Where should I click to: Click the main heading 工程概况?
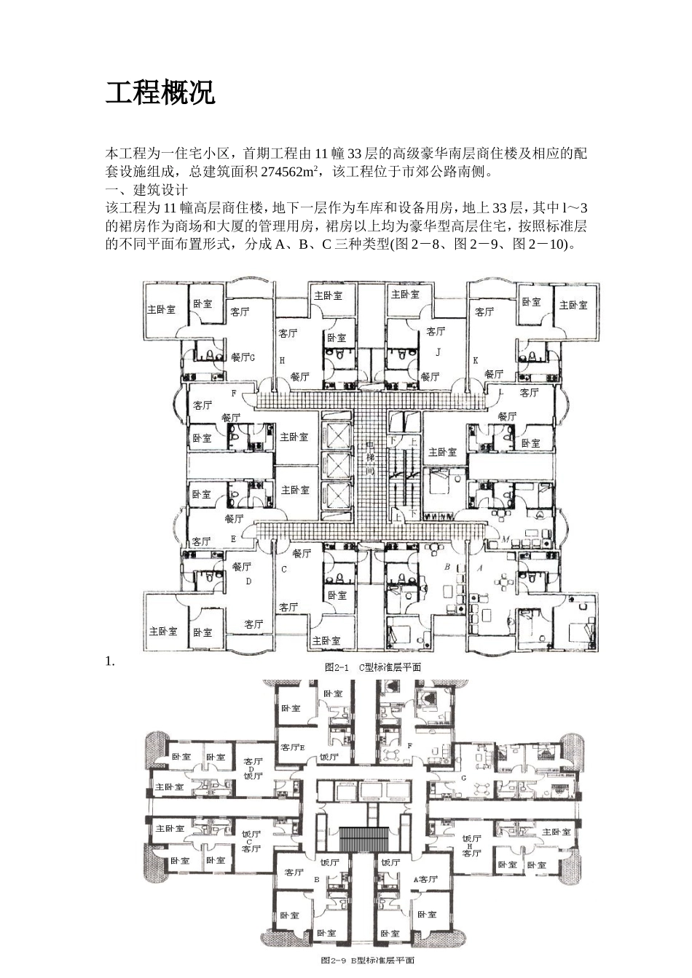click(x=160, y=93)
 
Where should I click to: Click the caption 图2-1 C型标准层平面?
click(x=372, y=667)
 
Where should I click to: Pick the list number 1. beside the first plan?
click(x=110, y=661)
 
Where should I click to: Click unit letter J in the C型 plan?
click(x=438, y=351)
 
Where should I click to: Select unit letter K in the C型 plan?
click(x=475, y=360)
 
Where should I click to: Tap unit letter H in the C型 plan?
click(x=281, y=360)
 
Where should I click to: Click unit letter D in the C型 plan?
click(x=248, y=581)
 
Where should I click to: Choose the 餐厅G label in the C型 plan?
click(x=243, y=357)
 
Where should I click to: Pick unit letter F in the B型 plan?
click(x=410, y=745)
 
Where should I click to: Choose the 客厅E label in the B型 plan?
click(x=293, y=747)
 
